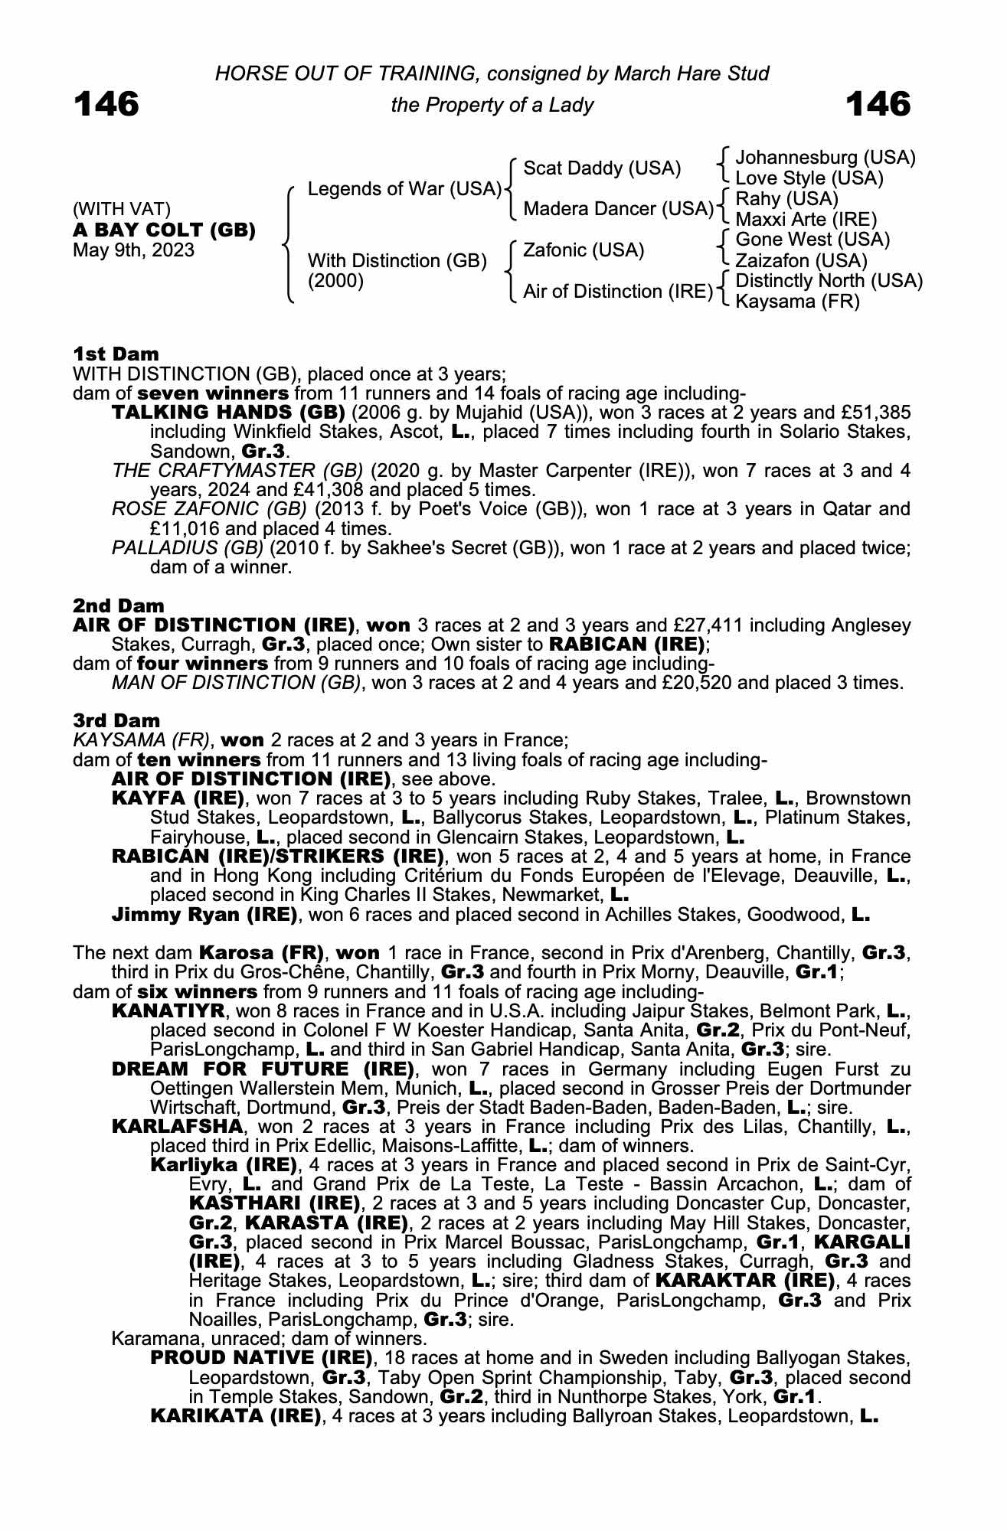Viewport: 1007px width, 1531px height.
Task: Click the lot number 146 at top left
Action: [x=106, y=104]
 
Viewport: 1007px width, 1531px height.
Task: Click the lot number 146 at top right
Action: [x=878, y=104]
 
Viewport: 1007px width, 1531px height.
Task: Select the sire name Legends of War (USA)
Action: [x=404, y=188]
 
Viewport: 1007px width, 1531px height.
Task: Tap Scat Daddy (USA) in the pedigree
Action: [x=602, y=168]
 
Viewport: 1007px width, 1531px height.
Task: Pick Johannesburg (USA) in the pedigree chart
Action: [x=825, y=158]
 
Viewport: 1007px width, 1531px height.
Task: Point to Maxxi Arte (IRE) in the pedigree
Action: [x=806, y=220]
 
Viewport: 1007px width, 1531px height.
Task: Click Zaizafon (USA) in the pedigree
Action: [x=801, y=260]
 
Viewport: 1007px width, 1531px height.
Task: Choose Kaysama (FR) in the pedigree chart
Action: [x=797, y=302]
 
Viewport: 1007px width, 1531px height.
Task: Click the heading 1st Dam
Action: [x=116, y=354]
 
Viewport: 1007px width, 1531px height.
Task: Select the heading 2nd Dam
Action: [x=118, y=606]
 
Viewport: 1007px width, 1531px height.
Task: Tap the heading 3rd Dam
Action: [x=116, y=720]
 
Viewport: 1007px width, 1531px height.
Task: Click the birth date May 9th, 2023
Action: [x=133, y=250]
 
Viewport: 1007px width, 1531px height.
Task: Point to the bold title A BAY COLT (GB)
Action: [x=164, y=230]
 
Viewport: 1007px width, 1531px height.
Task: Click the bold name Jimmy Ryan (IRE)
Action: [x=204, y=914]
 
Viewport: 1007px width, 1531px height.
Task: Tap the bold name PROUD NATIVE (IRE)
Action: [x=261, y=1358]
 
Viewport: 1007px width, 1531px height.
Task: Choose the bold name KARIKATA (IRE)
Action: [x=235, y=1415]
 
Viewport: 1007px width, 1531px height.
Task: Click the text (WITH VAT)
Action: [x=121, y=209]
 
